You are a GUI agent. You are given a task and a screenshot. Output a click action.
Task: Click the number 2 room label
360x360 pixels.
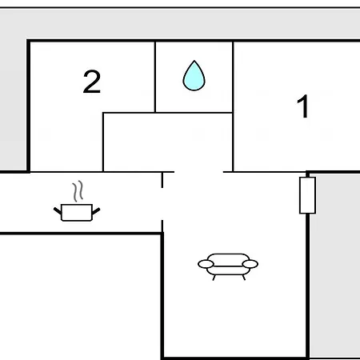point(92,82)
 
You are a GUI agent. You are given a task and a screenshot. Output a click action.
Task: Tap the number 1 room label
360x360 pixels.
point(303,106)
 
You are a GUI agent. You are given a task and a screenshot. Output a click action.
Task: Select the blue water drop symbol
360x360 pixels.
point(194,76)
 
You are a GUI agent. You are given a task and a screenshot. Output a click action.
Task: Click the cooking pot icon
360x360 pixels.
point(77,202)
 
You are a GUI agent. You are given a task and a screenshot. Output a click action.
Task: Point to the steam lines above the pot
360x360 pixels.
point(78,191)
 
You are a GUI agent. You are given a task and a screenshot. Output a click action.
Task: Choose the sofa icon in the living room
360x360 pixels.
point(228,266)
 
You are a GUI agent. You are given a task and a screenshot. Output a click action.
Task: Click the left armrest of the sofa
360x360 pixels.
point(206,264)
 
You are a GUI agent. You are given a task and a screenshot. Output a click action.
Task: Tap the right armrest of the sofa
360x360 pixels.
point(250,264)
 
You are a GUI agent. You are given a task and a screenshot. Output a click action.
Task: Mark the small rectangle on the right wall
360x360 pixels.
point(307,195)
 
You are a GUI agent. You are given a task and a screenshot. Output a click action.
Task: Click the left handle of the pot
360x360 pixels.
point(58,210)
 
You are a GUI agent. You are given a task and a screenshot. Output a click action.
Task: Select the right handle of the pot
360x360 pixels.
point(96,210)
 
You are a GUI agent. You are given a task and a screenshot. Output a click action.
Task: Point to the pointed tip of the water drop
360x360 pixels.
point(194,61)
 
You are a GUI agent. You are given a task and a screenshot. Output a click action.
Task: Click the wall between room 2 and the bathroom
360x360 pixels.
point(155,77)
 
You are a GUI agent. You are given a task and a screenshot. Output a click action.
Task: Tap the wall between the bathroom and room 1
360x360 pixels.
point(233,106)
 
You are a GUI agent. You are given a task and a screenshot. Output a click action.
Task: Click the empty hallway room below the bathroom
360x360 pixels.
point(168,142)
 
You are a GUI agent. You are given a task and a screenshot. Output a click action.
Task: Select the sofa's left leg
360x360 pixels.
point(214,278)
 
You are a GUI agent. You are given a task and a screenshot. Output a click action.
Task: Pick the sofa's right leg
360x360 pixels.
point(244,278)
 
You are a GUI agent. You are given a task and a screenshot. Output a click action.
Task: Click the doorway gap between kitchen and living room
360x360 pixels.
point(162,204)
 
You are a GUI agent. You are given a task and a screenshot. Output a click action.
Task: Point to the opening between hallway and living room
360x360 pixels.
point(198,172)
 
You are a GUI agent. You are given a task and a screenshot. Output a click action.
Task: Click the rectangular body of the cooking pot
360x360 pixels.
point(77,213)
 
